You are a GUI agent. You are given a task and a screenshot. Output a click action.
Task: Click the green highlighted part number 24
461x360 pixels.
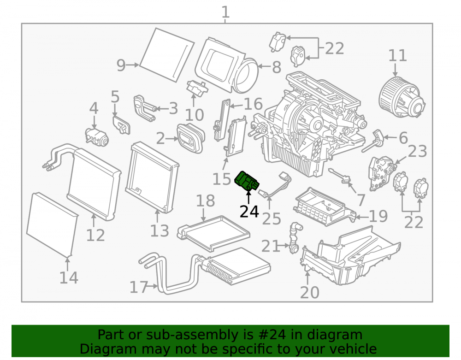(247, 181)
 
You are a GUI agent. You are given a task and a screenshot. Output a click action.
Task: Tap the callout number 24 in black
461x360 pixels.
(249, 212)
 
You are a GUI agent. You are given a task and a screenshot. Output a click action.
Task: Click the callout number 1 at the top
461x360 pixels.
(225, 12)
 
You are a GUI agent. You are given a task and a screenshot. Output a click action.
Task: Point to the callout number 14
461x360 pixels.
(69, 277)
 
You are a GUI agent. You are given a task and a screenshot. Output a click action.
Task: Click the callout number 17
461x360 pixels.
(139, 287)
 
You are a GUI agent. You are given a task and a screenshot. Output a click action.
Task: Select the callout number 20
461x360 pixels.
(310, 292)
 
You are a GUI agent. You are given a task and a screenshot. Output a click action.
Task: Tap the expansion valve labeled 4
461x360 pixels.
(97, 137)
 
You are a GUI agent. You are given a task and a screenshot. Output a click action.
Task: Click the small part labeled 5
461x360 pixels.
(121, 125)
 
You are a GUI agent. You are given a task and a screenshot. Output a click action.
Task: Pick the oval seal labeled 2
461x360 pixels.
(190, 138)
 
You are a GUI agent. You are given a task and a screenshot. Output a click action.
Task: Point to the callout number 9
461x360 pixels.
(121, 65)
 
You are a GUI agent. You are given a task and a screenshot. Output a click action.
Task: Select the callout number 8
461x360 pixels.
(276, 67)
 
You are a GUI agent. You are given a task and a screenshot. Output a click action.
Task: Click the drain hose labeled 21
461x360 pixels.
(295, 237)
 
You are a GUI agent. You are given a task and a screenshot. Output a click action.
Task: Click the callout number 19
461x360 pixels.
(378, 216)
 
